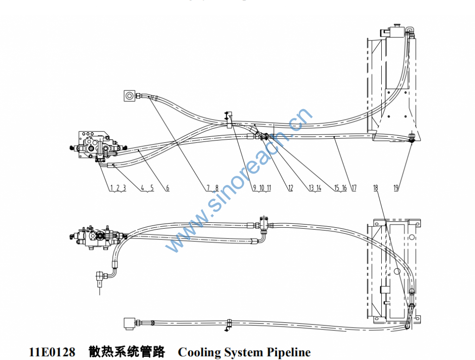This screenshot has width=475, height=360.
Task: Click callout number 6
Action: coord(167,188)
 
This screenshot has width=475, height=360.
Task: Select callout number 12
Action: coord(290,188)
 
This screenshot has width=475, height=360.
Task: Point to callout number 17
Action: coord(354,188)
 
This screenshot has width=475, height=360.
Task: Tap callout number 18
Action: coord(376,188)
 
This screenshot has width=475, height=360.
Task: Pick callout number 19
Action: coord(396,188)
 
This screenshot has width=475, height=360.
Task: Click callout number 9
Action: coord(254,188)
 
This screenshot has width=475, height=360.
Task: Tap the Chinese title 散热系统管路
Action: coord(127,352)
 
